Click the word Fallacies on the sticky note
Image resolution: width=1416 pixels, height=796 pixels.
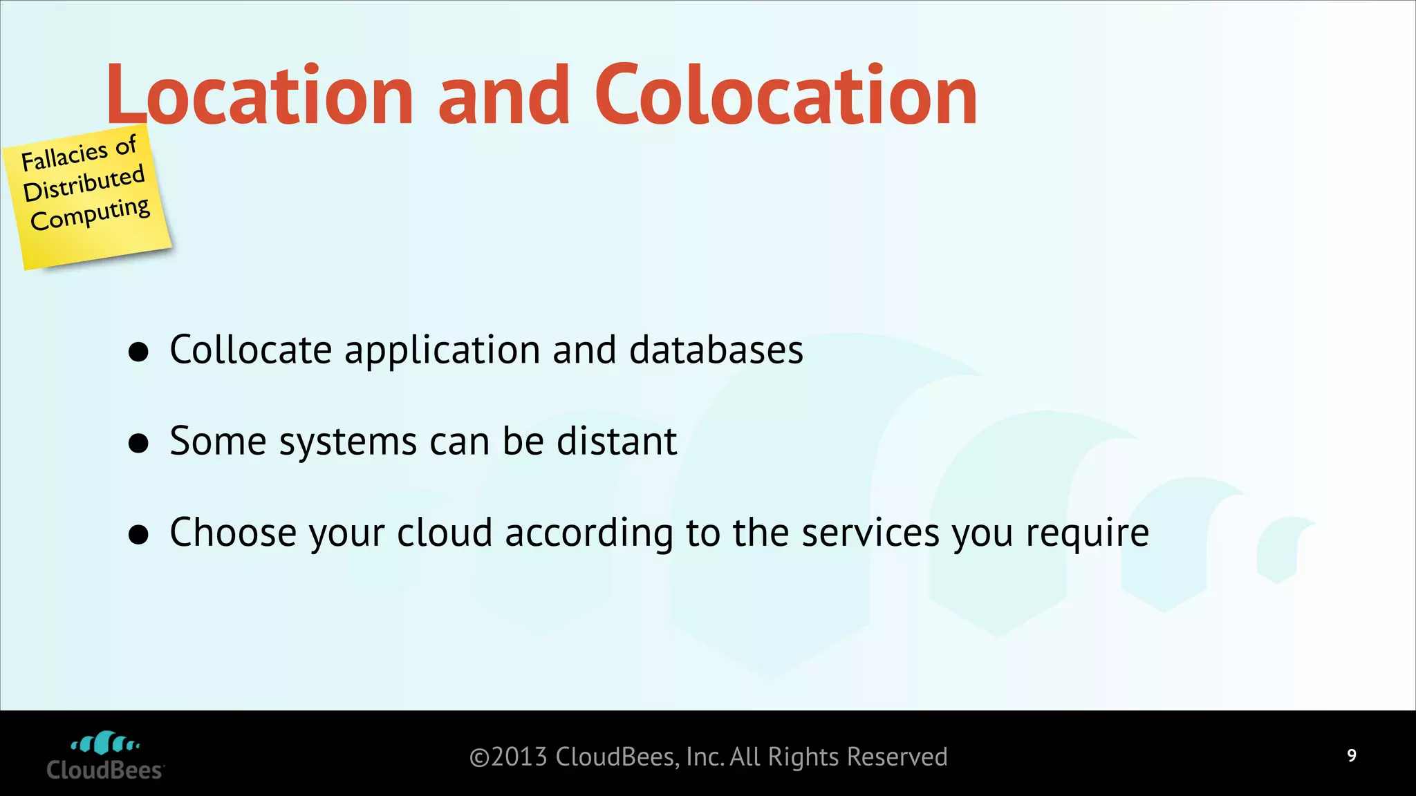pyautogui.click(x=64, y=156)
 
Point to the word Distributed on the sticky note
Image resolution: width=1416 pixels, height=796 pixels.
pyautogui.click(x=84, y=184)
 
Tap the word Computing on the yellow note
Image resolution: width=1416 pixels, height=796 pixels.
pyautogui.click(x=90, y=215)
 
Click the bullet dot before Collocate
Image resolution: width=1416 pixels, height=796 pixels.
pyautogui.click(x=139, y=352)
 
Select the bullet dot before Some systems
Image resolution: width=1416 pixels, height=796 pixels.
pyautogui.click(x=139, y=443)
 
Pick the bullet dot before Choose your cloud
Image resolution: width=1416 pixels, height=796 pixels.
pyautogui.click(x=139, y=534)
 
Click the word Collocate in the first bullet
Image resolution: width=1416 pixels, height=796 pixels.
pyautogui.click(x=250, y=350)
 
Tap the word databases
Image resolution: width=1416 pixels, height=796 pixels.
pyautogui.click(x=716, y=350)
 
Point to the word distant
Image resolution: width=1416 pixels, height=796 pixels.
pyautogui.click(x=617, y=441)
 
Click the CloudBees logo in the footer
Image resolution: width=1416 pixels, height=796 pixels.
pyautogui.click(x=105, y=756)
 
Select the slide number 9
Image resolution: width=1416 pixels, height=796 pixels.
pyautogui.click(x=1352, y=755)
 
